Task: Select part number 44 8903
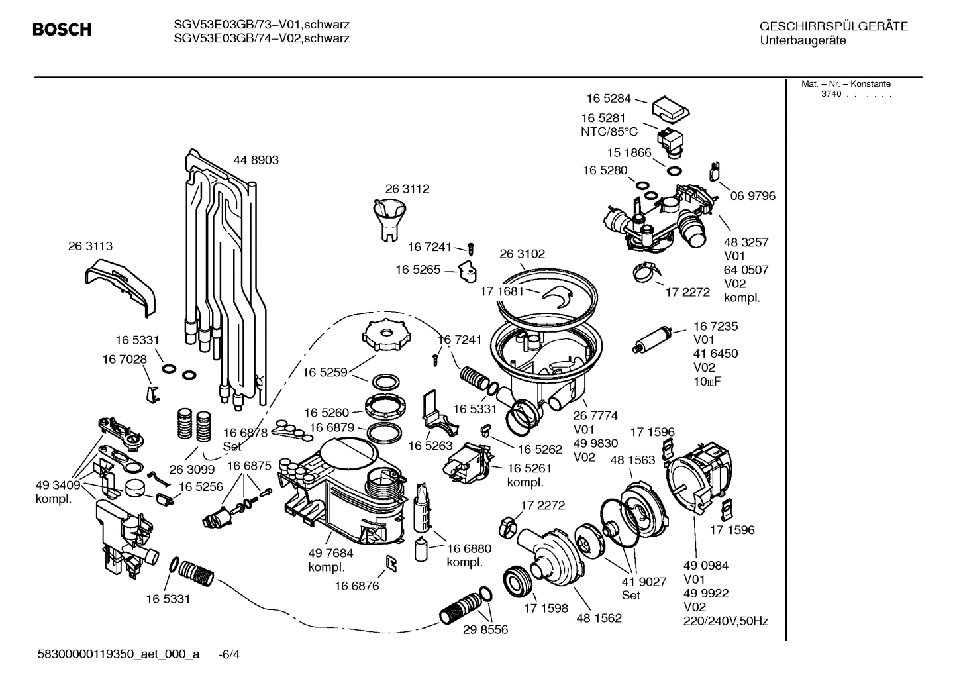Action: (x=256, y=160)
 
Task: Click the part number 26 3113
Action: (x=90, y=246)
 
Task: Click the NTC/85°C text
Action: (x=609, y=132)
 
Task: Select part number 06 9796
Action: (x=752, y=196)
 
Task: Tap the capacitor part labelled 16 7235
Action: (x=652, y=337)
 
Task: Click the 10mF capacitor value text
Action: (x=707, y=382)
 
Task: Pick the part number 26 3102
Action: (x=522, y=254)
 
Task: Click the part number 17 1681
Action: (x=502, y=291)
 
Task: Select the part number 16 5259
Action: (x=325, y=372)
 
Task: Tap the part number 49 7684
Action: (x=330, y=553)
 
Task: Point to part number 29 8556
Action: (x=485, y=630)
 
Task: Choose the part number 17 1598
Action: (x=546, y=608)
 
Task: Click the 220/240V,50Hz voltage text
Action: (x=725, y=621)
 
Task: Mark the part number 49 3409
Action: (x=58, y=486)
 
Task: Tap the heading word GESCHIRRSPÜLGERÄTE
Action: (x=833, y=27)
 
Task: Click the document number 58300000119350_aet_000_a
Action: (x=119, y=654)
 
